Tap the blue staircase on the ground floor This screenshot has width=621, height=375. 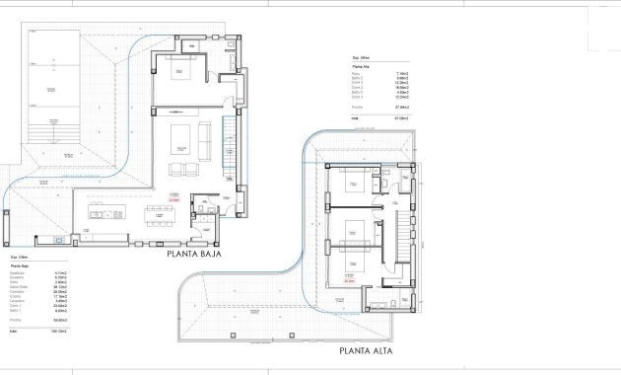(x=233, y=148)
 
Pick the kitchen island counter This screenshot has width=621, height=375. (x=109, y=211)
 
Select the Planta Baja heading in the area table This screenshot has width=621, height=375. (x=20, y=265)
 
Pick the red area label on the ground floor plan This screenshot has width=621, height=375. (x=173, y=197)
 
